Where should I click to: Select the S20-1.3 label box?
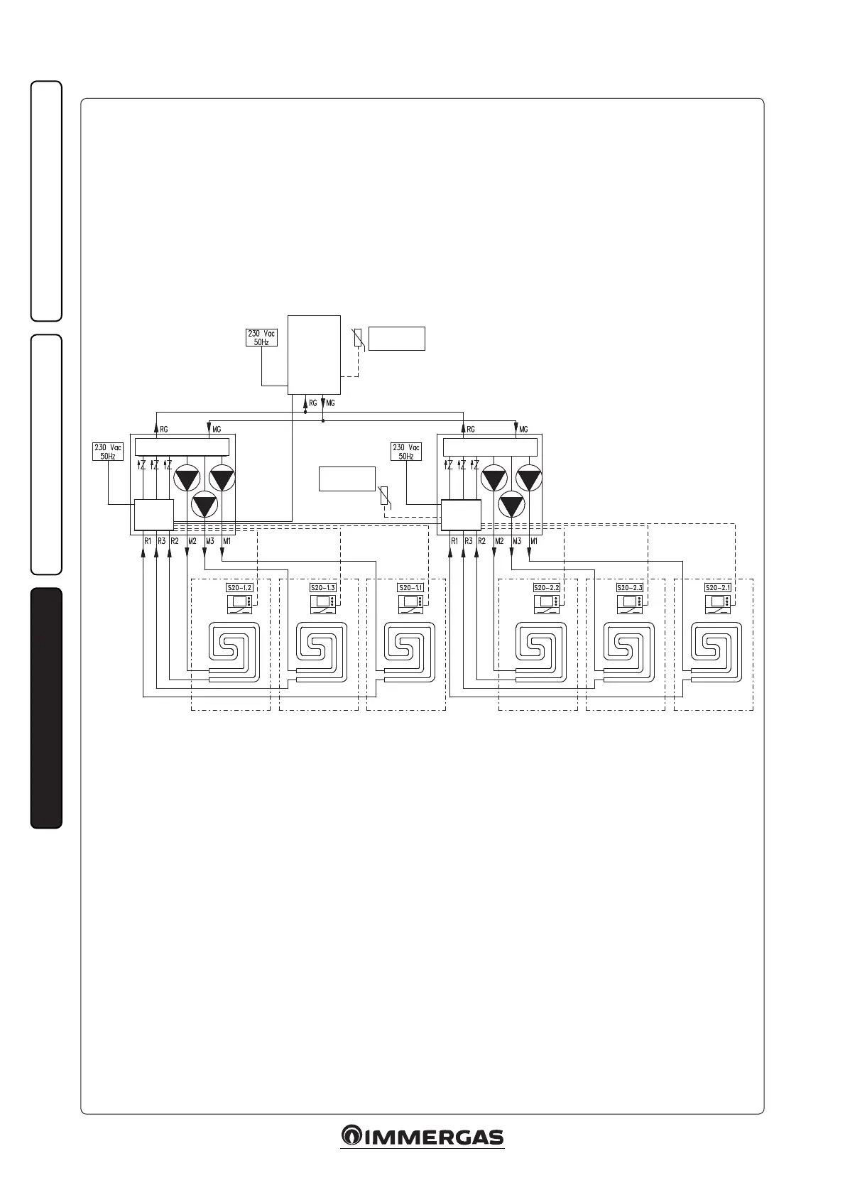(x=322, y=588)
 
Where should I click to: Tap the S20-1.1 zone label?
(x=410, y=588)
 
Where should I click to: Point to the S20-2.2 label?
(x=547, y=588)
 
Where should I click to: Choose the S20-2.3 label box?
(x=630, y=588)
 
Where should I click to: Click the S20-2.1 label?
(x=717, y=588)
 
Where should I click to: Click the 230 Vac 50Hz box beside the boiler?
(x=261, y=337)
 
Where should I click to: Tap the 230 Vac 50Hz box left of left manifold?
(x=108, y=452)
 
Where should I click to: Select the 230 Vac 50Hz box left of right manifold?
(x=406, y=452)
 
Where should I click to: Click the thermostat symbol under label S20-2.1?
(x=717, y=604)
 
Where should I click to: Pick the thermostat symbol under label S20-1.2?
(x=239, y=604)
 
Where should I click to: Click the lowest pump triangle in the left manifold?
(x=206, y=506)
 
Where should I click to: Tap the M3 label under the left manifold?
(x=209, y=542)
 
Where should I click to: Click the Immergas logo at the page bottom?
(x=422, y=1136)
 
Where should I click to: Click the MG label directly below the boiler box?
(x=330, y=403)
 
